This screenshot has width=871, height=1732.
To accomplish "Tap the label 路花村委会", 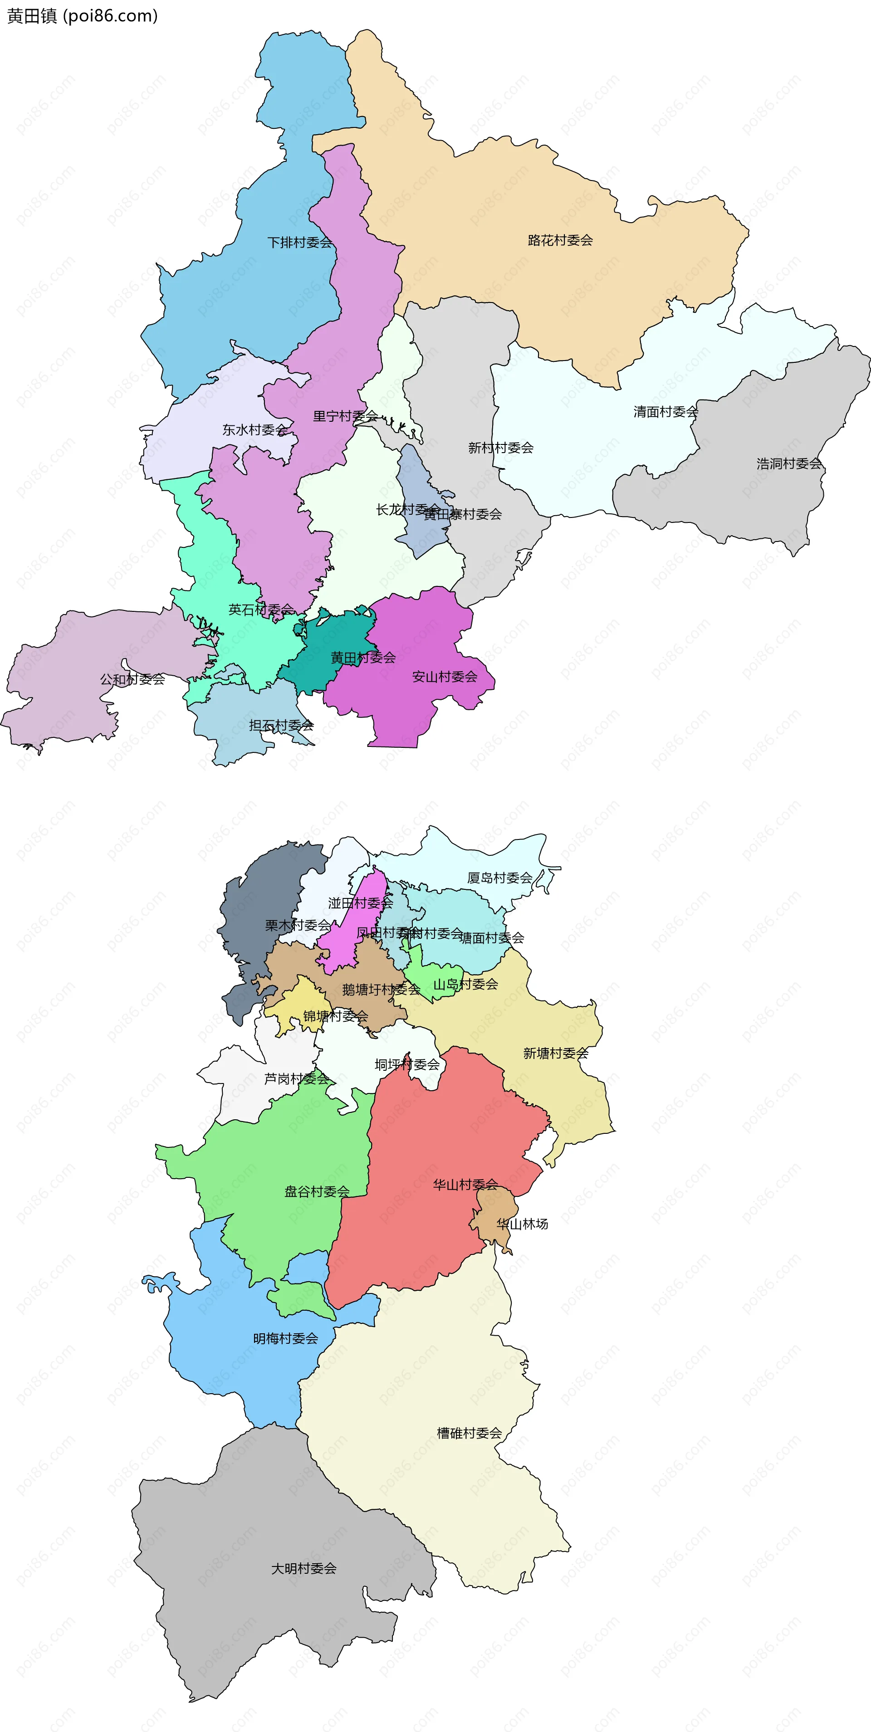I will click(560, 240).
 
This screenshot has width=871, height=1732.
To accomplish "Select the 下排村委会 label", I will click(299, 242).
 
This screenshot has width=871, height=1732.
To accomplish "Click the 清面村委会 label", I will click(665, 411).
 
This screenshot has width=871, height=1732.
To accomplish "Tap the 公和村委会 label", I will click(132, 679).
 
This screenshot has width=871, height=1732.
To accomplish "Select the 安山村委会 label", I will click(444, 676).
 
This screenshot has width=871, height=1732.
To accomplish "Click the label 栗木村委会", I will click(297, 925).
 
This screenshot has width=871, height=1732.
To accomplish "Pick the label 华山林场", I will click(522, 1224).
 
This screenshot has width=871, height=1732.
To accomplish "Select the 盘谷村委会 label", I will click(316, 1191).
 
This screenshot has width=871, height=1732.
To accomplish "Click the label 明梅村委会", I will click(285, 1338).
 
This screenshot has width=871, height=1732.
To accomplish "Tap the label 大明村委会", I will click(303, 1568).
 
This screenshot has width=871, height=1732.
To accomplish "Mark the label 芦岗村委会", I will click(296, 1078).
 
